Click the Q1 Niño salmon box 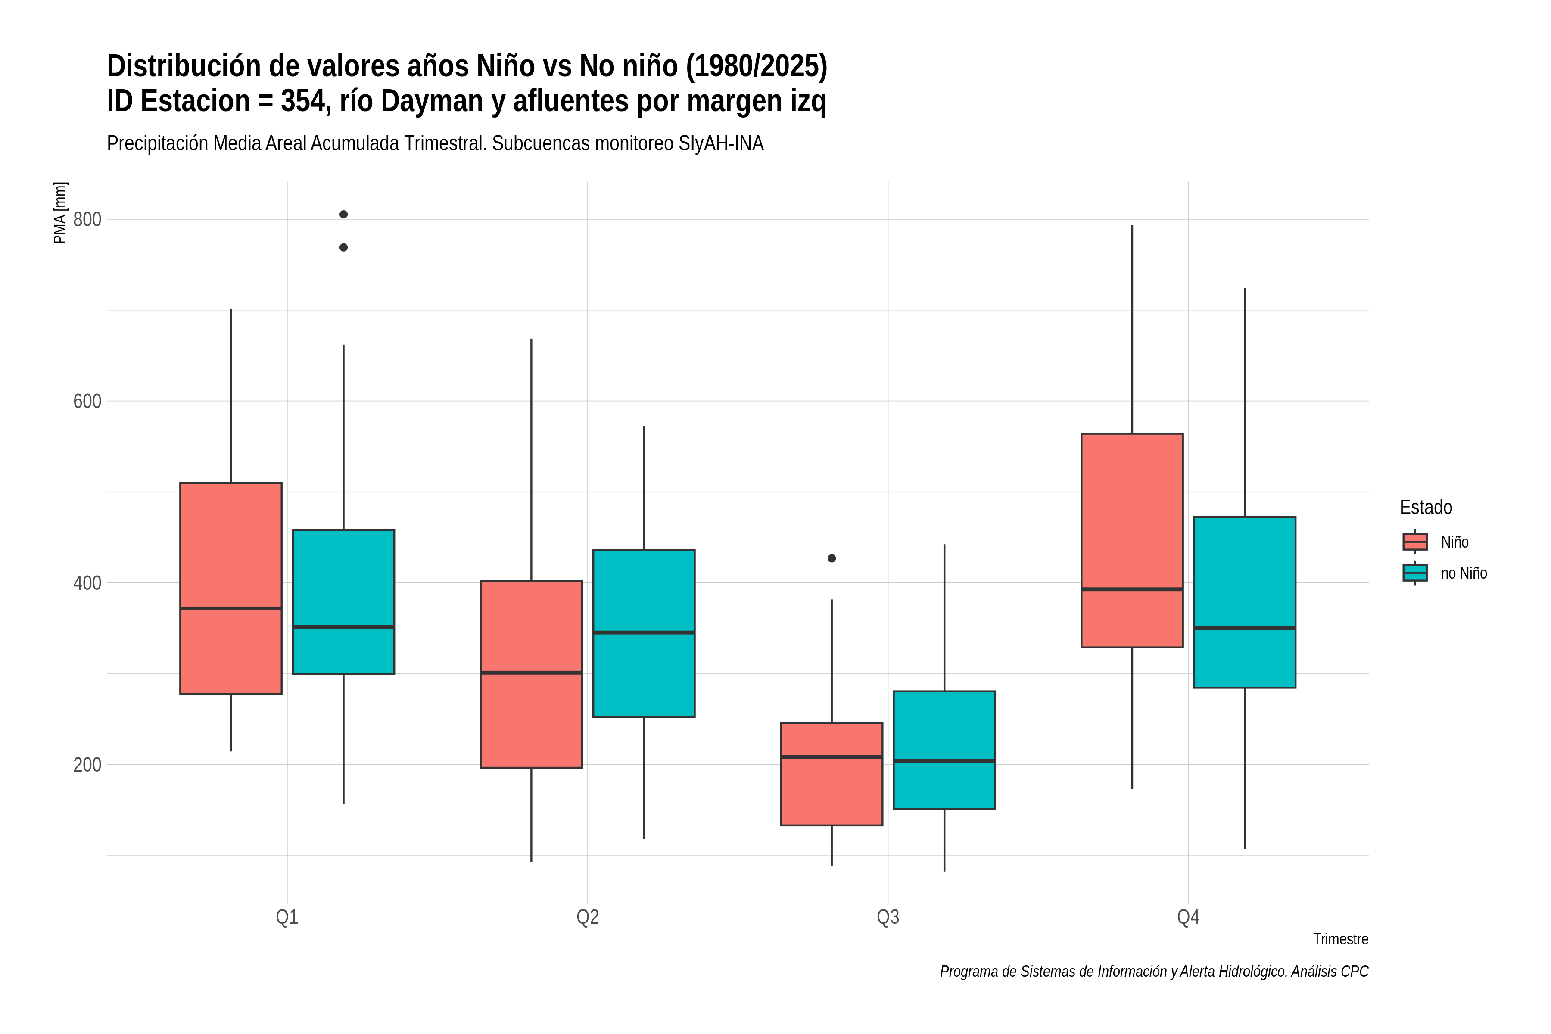pyautogui.click(x=231, y=588)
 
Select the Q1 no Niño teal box pyautogui.click(x=343, y=601)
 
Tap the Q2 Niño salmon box pyautogui.click(x=532, y=674)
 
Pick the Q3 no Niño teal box pyautogui.click(x=944, y=750)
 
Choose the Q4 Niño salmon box pyautogui.click(x=1132, y=540)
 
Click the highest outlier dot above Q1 pyautogui.click(x=343, y=214)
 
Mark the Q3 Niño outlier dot pyautogui.click(x=832, y=558)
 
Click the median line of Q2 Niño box pyautogui.click(x=532, y=673)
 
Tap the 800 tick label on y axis pyautogui.click(x=87, y=219)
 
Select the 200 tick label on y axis pyautogui.click(x=87, y=764)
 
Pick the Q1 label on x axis pyautogui.click(x=287, y=917)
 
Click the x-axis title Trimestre pyautogui.click(x=1341, y=939)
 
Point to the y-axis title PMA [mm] pyautogui.click(x=60, y=213)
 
